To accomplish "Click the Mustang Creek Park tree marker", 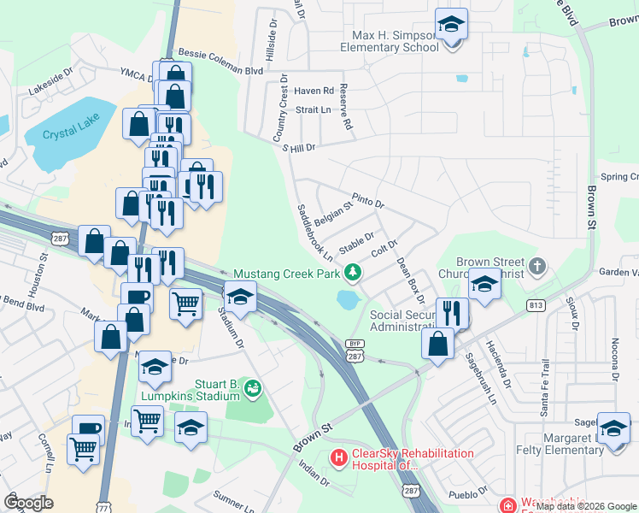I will point(351,273).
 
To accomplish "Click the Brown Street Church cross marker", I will point(536,267).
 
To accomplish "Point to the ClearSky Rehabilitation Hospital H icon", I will point(338,459).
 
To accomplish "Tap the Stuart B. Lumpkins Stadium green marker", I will point(252,389).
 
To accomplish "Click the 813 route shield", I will point(536,305).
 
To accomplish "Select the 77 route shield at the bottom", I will point(104,505).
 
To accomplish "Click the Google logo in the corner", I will point(28,503).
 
